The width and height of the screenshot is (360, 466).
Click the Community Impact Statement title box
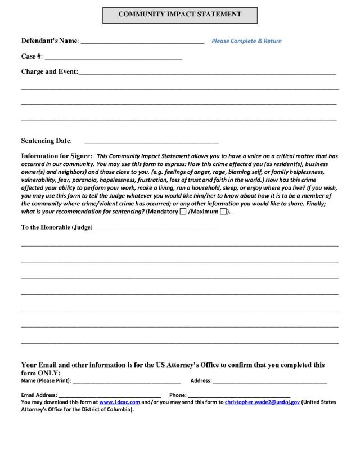click(179, 15)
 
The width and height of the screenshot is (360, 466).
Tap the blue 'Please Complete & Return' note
click(246, 41)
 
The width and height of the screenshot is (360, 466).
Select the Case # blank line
click(113, 57)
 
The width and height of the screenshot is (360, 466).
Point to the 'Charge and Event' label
click(49, 72)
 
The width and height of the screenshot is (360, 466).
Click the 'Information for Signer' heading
click(56, 156)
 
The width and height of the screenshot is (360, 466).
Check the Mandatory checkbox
click(183, 212)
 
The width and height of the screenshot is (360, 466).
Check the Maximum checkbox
click(223, 212)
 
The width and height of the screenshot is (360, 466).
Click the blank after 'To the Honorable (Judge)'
click(156, 228)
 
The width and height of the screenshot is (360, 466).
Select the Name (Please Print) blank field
click(127, 382)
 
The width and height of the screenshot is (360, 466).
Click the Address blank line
click(270, 382)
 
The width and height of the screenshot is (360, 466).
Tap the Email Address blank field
click(110, 396)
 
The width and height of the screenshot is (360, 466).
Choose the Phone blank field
click(239, 396)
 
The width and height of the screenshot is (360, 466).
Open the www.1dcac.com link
click(119, 402)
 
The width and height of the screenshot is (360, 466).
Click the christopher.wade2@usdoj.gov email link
click(262, 402)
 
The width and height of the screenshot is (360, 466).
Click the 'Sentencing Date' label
click(46, 141)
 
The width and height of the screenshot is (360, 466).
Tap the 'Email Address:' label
click(39, 395)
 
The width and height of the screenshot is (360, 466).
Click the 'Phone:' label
click(178, 395)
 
